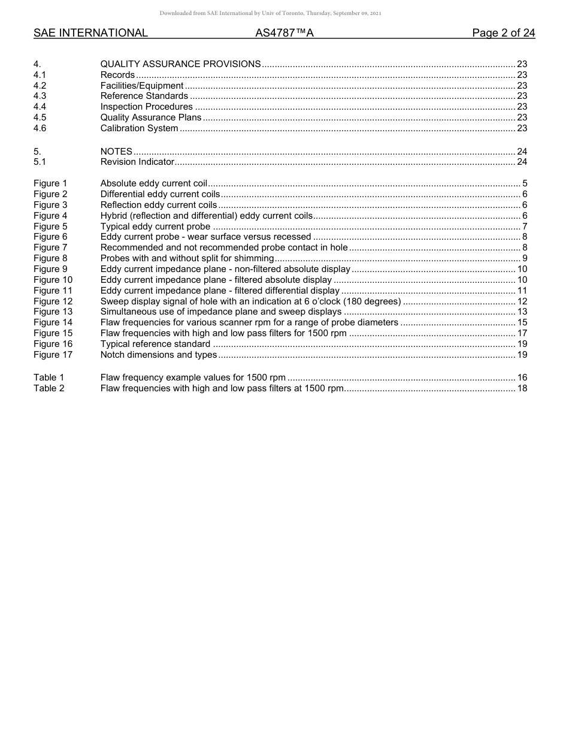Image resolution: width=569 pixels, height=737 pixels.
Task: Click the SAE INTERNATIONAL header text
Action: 90,34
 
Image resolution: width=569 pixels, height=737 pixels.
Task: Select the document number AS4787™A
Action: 284,34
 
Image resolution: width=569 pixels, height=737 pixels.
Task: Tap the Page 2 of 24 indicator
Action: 503,34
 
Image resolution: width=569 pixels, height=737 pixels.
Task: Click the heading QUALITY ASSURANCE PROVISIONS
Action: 180,64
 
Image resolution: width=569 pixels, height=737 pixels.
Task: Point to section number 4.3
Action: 40,96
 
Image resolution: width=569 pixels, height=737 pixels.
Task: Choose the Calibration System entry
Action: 139,128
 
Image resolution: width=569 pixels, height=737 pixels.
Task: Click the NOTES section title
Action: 116,152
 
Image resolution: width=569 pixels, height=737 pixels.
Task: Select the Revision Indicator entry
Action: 137,162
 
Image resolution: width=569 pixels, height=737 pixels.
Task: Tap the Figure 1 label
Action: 50,183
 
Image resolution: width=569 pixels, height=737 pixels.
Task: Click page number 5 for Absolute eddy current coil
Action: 524,183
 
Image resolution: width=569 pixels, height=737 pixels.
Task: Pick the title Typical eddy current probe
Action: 155,226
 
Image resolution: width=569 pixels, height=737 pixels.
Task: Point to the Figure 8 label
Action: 50,258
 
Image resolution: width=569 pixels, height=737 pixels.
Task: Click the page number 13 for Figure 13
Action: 522,312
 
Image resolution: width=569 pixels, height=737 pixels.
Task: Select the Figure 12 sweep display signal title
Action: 250,301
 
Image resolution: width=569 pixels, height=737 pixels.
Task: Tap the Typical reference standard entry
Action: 155,344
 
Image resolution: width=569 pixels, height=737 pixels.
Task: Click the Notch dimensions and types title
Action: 159,355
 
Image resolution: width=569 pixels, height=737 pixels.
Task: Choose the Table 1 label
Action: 49,377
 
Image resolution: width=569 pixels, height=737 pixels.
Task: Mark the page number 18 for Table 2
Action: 522,388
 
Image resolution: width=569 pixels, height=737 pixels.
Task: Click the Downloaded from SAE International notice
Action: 270,13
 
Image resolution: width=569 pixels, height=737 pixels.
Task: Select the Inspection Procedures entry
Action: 146,107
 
